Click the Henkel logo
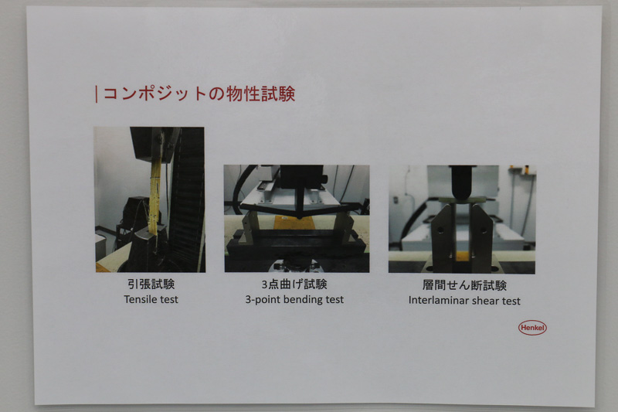point(531,328)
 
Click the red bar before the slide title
point(96,94)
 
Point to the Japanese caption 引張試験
point(150,284)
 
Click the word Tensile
point(139,299)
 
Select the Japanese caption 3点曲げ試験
point(295,284)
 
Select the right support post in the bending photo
point(340,227)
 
